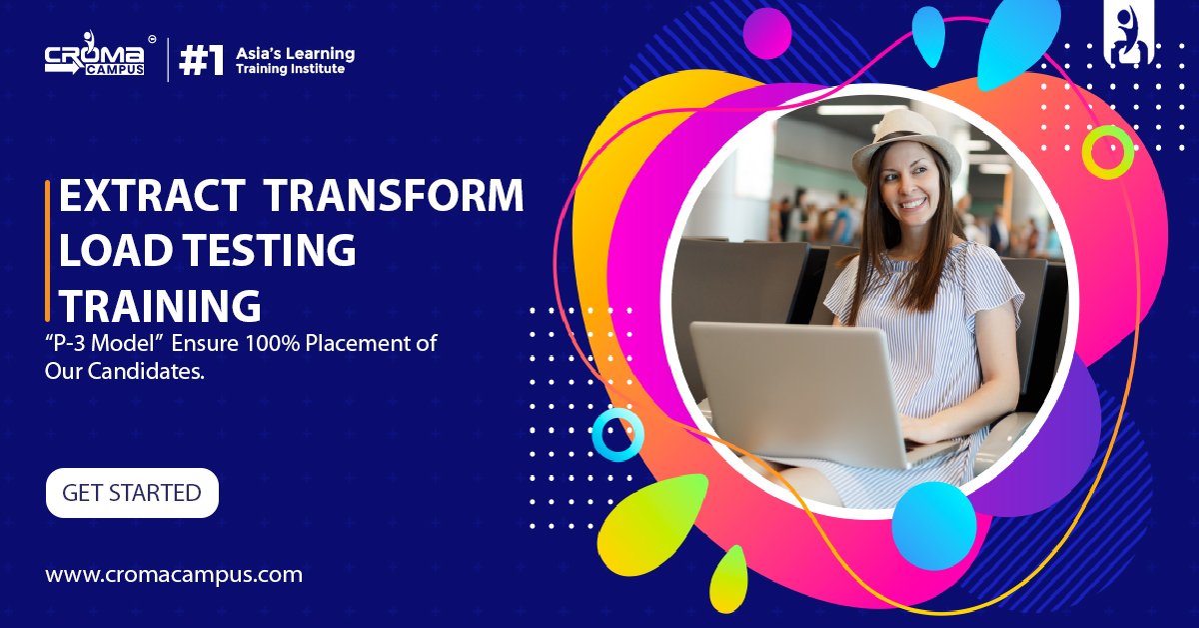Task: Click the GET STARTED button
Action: tap(132, 493)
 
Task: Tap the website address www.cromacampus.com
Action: tap(174, 575)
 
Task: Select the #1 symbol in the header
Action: tap(201, 59)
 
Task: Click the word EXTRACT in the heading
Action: tap(152, 196)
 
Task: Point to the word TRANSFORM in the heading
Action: tap(394, 196)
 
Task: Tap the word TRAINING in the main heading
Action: tap(160, 305)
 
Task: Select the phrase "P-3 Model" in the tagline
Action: tap(103, 343)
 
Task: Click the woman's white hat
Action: tap(906, 145)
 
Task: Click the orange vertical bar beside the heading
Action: tap(48, 251)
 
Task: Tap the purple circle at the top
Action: tap(767, 33)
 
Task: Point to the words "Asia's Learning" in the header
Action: tap(296, 54)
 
